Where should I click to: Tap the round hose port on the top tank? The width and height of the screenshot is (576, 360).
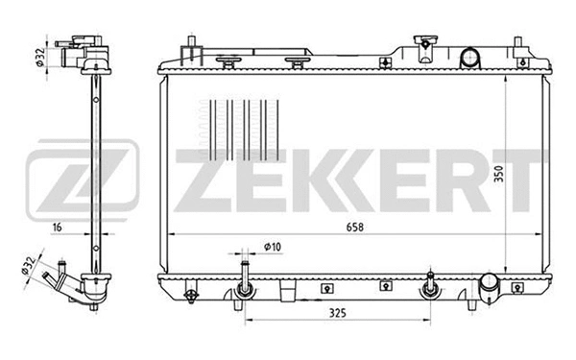click(469, 58)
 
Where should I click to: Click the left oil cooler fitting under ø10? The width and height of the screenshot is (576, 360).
click(245, 284)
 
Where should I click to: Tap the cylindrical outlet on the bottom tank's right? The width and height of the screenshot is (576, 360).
click(490, 285)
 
